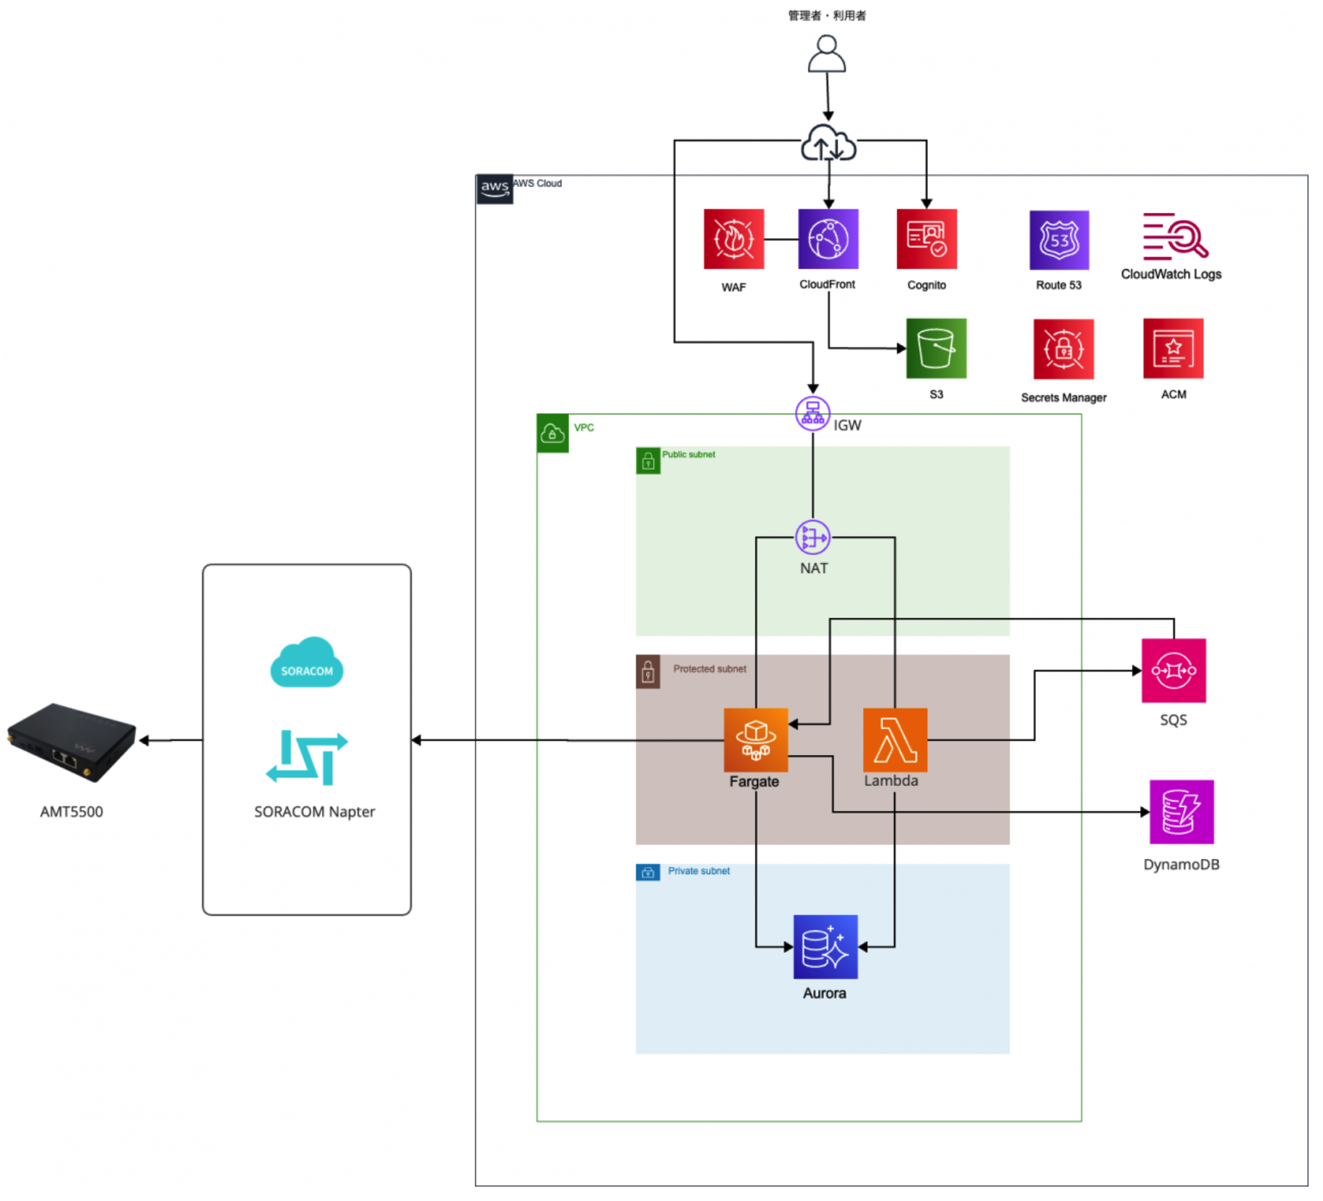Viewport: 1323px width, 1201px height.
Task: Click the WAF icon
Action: coord(733,238)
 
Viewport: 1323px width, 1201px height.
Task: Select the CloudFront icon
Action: coord(828,238)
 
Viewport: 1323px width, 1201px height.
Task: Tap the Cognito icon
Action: coord(926,238)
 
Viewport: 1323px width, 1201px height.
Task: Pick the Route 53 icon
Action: coord(1058,240)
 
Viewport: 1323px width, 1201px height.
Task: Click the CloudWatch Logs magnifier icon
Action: coord(1175,236)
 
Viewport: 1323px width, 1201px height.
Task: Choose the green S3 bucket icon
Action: coord(935,348)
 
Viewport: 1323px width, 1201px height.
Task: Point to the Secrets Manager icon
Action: coord(1062,349)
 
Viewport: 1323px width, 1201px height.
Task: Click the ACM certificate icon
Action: coord(1172,348)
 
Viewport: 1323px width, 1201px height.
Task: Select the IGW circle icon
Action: coord(812,414)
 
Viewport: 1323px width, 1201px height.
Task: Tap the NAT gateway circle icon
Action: coord(812,537)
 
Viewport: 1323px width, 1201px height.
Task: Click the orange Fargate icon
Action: coord(755,739)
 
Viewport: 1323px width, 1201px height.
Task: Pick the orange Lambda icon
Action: coord(894,739)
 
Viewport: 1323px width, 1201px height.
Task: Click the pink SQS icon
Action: coord(1172,670)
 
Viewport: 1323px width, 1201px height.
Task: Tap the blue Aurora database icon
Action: coord(825,945)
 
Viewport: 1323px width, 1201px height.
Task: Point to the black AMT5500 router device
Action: coord(71,741)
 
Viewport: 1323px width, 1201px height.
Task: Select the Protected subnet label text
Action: coord(708,668)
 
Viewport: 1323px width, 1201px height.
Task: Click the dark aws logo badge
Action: coord(494,189)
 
